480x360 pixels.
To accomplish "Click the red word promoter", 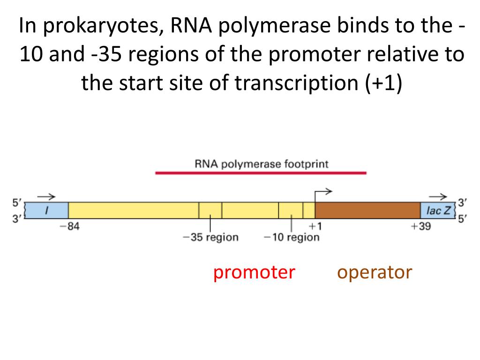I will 254,272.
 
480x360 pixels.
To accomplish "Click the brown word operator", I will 375,272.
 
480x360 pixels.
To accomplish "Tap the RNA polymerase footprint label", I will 261,164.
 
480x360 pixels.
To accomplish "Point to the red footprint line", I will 261,173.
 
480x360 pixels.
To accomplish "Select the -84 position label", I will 69,227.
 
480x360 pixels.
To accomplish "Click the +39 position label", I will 420,227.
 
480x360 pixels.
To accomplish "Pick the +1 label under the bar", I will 315,227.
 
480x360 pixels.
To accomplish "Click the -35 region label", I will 210,237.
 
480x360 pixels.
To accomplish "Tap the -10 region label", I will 292,237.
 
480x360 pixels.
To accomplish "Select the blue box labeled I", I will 46,211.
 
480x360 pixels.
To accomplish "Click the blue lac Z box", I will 438,211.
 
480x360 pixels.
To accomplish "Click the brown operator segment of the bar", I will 367,211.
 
